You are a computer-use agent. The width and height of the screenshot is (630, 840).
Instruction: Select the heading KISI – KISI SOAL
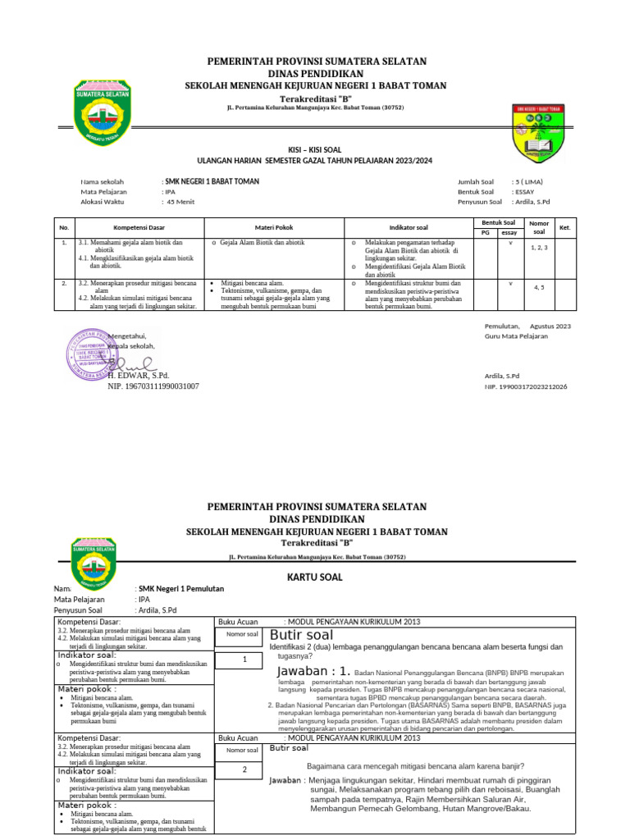coord(315,149)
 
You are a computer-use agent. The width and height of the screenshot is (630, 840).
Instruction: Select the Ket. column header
coord(564,227)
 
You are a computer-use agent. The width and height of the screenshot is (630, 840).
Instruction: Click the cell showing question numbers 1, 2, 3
coord(539,246)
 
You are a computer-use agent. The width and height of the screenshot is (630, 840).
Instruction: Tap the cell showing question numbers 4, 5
coord(539,287)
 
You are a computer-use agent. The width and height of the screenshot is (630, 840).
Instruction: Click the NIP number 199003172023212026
coord(526,386)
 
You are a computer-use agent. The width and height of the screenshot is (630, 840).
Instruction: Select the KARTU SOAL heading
coord(315,577)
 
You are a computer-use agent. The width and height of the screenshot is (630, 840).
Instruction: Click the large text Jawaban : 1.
coord(314,671)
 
